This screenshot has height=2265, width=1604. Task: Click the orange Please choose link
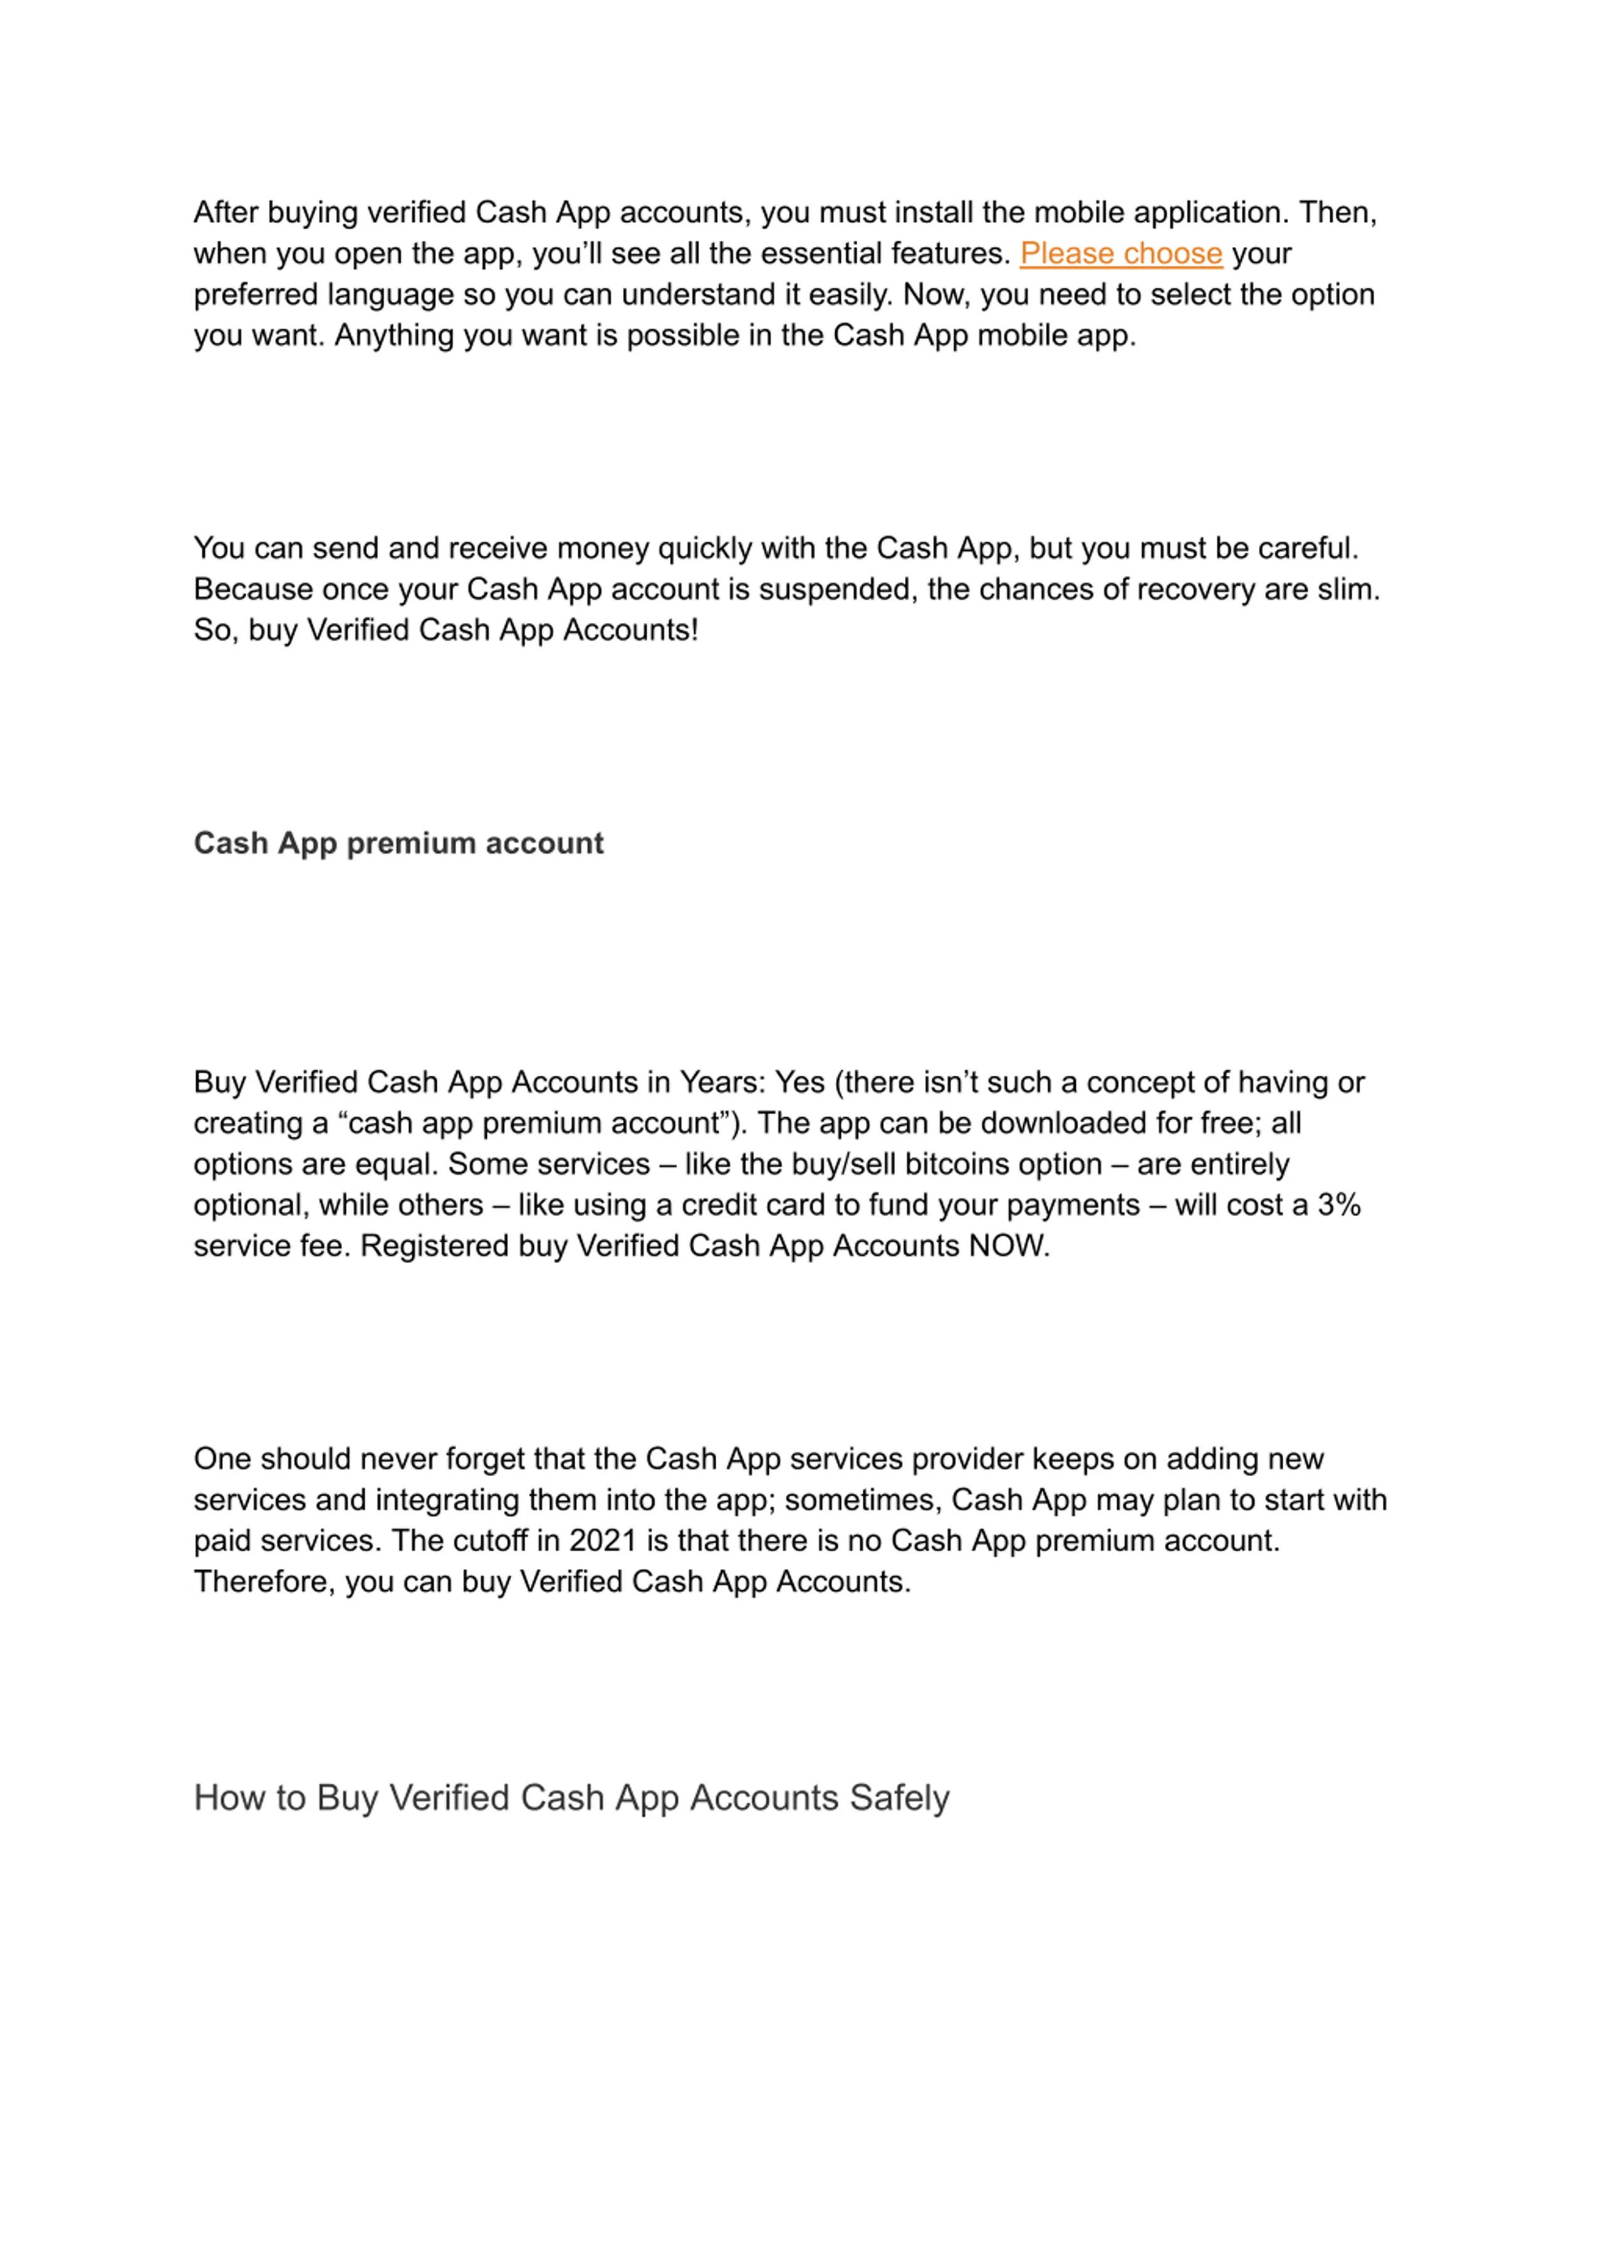click(x=1120, y=254)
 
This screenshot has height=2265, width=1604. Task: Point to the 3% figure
click(x=1340, y=1205)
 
